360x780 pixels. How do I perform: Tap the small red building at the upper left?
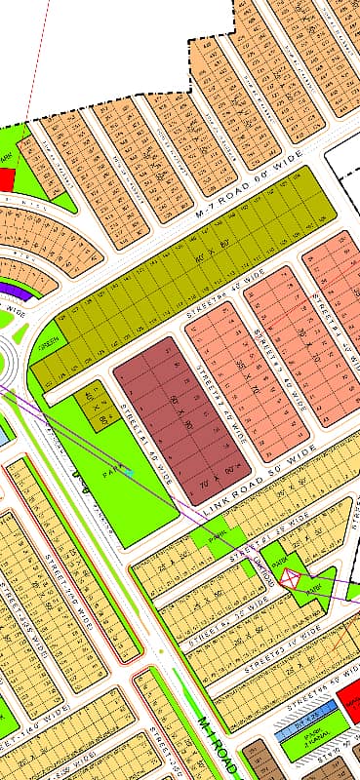click(7, 179)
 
